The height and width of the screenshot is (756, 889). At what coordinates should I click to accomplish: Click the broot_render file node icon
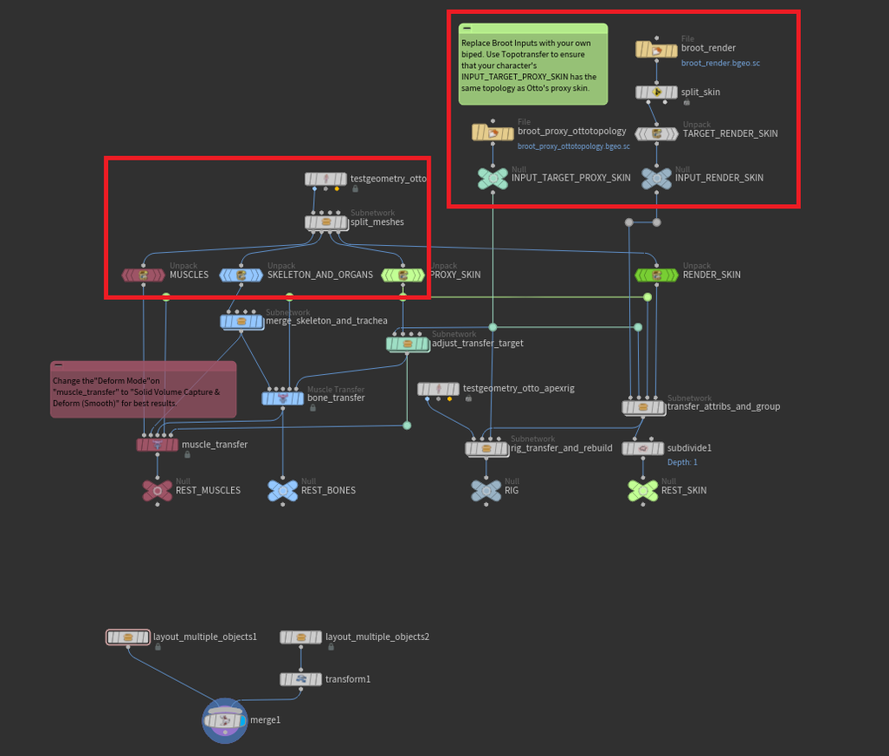(x=656, y=50)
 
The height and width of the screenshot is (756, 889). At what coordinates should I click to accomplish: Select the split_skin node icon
(x=656, y=92)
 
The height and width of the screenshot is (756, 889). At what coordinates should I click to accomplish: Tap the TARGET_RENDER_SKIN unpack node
(x=656, y=133)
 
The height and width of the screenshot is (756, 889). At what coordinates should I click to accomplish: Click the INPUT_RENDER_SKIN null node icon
(x=656, y=177)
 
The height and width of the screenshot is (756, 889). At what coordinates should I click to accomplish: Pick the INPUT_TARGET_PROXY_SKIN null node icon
(x=492, y=177)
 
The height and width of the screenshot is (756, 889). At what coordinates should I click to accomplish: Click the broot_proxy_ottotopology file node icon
(x=492, y=133)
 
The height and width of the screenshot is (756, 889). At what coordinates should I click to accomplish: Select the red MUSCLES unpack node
(x=144, y=275)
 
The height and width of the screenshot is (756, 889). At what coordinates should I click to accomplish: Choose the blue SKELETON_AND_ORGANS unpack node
(x=241, y=275)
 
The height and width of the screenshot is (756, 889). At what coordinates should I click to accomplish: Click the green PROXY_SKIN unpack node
(x=403, y=275)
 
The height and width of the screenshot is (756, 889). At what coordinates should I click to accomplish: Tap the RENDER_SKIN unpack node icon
(x=656, y=275)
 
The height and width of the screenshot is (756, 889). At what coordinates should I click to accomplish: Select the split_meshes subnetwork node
(x=326, y=222)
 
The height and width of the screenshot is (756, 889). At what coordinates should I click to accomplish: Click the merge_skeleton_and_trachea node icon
(x=241, y=321)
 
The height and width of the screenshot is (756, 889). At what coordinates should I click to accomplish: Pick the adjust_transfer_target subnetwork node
(x=408, y=344)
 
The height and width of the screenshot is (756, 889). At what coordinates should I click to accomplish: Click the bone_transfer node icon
(x=283, y=398)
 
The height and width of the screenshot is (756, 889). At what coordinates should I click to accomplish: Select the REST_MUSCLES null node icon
(x=157, y=490)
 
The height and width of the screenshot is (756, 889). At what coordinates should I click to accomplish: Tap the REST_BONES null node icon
(x=283, y=490)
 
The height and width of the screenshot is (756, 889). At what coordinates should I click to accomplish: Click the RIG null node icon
(x=486, y=490)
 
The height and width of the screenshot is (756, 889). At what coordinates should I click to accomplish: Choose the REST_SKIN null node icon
(x=643, y=490)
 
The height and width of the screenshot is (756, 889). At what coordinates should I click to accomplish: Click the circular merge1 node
(x=225, y=720)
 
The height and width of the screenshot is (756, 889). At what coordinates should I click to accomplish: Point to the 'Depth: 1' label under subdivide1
(x=682, y=462)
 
